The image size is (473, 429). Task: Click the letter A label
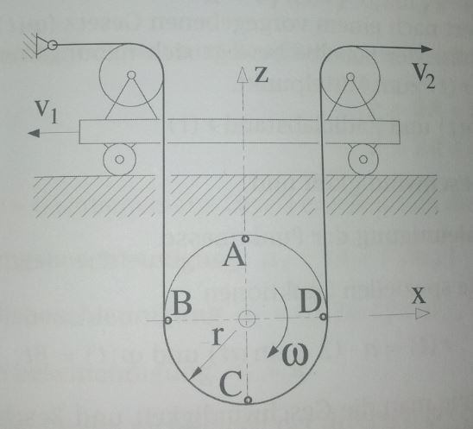234,256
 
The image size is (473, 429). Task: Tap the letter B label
182,304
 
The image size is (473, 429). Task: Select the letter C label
230,384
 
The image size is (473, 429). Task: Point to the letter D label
310,301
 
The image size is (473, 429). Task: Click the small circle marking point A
245,239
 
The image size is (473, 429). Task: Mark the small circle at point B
168,320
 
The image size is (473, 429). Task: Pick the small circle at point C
248,400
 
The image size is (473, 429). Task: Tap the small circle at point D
323,317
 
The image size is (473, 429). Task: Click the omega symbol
294,354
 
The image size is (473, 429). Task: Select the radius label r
218,337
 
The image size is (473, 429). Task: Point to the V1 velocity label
46,111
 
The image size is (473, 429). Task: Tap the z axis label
262,74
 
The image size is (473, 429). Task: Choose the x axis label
419,296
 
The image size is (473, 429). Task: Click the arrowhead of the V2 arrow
426,49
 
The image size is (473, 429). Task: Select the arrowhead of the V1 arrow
34,133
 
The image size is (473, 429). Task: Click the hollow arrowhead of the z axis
243,74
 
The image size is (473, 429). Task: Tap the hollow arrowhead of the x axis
422,313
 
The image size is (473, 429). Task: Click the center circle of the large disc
247,319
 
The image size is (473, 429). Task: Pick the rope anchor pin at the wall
53,45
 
